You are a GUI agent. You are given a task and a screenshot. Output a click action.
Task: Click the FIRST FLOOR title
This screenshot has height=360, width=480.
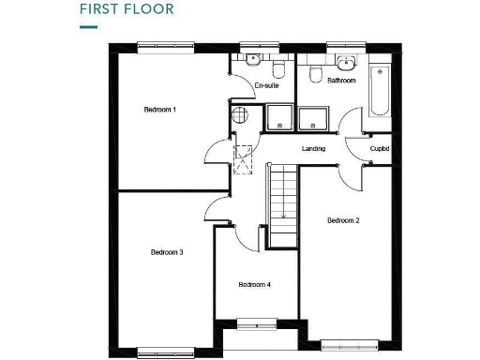click(x=126, y=11)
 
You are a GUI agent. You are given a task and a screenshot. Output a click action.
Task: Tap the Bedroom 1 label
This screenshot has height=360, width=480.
click(x=160, y=110)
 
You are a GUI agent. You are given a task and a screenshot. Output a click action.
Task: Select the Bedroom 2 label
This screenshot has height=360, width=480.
click(x=344, y=220)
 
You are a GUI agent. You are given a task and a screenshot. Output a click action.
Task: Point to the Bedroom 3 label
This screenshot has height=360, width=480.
click(x=167, y=252)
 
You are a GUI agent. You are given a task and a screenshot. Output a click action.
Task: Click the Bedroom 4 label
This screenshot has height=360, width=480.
click(x=254, y=284)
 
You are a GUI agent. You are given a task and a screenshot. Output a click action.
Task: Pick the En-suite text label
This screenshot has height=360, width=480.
click(x=267, y=85)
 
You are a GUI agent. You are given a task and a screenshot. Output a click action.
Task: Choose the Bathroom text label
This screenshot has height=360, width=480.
click(x=341, y=81)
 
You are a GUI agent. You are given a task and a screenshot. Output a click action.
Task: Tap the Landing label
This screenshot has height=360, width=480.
click(x=313, y=149)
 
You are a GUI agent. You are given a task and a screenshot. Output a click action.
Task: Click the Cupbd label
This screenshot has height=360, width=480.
click(x=380, y=149)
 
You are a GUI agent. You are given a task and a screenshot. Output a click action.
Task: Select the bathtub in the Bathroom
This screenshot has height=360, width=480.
click(x=380, y=91)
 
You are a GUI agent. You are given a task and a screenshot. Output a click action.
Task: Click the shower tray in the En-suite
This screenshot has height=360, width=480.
click(x=278, y=117)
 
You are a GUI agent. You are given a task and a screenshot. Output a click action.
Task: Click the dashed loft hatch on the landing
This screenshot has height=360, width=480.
click(x=245, y=158)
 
